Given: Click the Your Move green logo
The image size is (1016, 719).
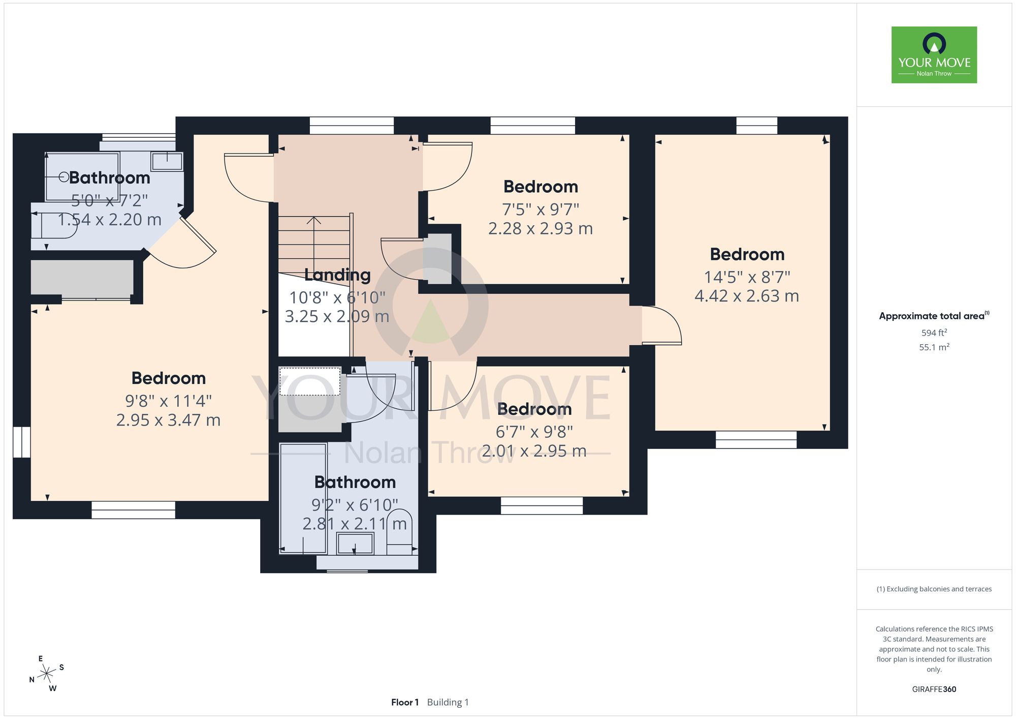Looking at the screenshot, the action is tap(934, 55).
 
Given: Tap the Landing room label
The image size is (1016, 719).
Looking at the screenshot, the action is tap(337, 275).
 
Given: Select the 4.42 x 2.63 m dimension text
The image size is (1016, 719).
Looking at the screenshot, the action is tap(747, 296).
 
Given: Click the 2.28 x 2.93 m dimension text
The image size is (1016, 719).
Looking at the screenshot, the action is tap(541, 229).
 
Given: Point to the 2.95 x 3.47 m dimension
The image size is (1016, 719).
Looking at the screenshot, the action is tap(168, 421).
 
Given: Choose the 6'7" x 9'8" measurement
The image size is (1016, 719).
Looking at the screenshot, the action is tap(534, 432).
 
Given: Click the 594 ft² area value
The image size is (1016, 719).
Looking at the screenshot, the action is tap(934, 333).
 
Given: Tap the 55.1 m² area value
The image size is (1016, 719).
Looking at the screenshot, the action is tap(934, 347).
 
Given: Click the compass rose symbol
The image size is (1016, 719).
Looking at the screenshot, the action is tap(47, 674).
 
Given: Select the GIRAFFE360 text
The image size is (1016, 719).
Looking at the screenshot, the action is tap(934, 690).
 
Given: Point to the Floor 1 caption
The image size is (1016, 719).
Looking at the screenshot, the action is tap(405, 702).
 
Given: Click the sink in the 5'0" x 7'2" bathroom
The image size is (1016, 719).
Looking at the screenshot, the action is tap(167, 161).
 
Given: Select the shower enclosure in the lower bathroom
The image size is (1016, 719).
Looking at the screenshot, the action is tap(303, 498).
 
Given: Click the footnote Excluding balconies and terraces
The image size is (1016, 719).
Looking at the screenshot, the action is tap(934, 589).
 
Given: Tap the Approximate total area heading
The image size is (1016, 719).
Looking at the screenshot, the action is tap(934, 316).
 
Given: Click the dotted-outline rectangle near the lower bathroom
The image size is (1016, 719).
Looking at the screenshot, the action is tap(310, 381).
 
